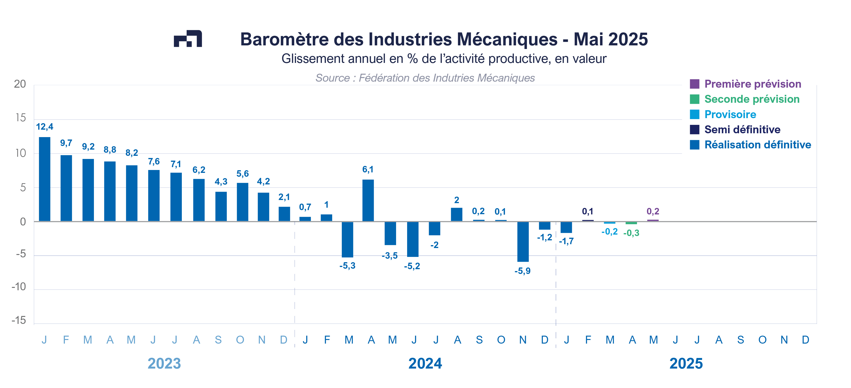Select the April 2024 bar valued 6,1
(368, 200)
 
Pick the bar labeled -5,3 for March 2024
(347, 239)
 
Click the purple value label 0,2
(653, 211)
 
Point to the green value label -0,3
(631, 233)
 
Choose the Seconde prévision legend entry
(752, 99)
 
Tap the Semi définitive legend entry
(742, 129)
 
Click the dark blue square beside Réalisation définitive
(694, 145)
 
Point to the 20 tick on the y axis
(20, 84)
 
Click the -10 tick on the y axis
(19, 287)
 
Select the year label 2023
(164, 364)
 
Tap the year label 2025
(686, 364)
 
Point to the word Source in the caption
(332, 78)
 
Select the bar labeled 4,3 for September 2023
(221, 206)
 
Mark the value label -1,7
(566, 241)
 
